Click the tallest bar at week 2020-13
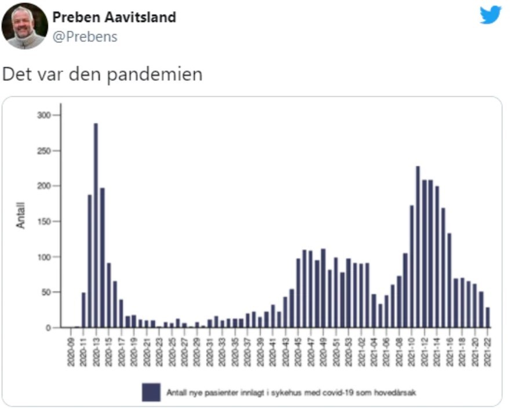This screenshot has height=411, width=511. tap(96, 226)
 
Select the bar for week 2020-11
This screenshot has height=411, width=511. tap(83, 310)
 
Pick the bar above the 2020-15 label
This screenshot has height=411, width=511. tap(108, 296)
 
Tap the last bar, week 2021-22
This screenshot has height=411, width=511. tap(487, 318)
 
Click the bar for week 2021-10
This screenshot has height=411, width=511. tap(411, 267)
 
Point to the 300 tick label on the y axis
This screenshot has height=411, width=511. tap(44, 115)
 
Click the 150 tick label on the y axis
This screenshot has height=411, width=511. tap(44, 221)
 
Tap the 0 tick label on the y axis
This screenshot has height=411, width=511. tap(49, 328)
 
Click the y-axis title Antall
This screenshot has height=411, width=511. tap(21, 214)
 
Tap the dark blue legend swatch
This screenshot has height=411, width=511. tap(151, 392)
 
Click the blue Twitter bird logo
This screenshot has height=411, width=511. tap(490, 15)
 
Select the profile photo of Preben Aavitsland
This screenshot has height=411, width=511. tap(24, 26)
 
